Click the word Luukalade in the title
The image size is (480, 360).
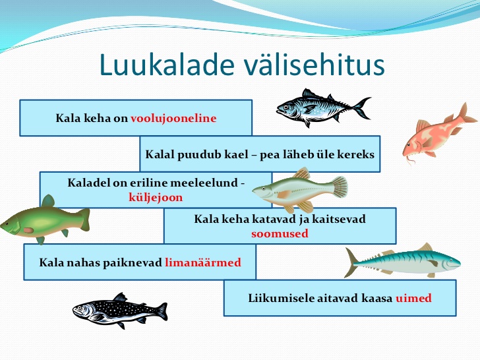pos(167,65)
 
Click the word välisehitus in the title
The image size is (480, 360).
pos(314,65)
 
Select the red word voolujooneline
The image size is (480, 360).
pos(173,118)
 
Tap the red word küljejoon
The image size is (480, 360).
pos(156,197)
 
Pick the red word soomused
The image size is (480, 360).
pos(280,233)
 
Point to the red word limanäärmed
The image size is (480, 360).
pos(203,262)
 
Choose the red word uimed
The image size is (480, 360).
pos(413,298)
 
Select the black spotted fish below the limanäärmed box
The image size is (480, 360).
pos(120,311)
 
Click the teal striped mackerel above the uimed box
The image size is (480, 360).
pos(403,261)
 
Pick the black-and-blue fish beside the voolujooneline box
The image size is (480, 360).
pos(323,107)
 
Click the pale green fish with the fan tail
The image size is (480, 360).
pos(300,191)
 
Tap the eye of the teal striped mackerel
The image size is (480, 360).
pos(450,260)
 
